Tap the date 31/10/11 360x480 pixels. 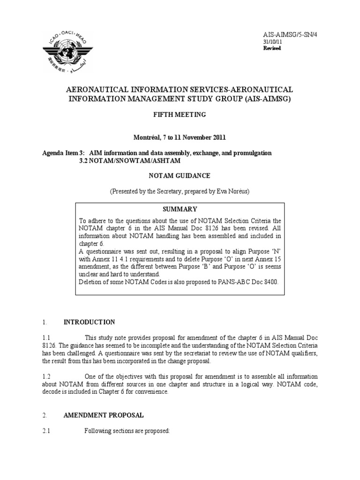point(273,42)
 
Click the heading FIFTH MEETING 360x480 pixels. point(180,114)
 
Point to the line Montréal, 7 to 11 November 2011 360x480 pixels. point(180,137)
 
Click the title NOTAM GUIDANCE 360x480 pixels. point(180,175)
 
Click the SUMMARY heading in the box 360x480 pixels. point(180,209)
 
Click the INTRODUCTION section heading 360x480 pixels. point(89,322)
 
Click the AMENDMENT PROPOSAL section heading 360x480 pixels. point(104,415)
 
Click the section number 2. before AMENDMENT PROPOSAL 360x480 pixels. point(45,415)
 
